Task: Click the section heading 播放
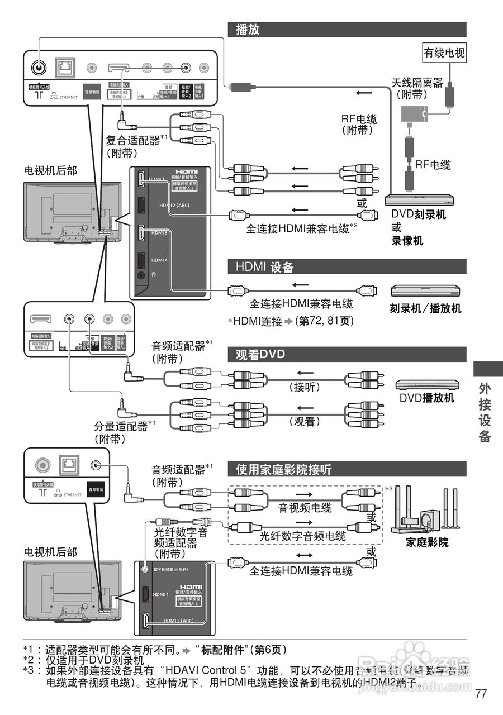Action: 248,30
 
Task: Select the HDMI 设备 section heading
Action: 264,267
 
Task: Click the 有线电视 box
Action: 444,53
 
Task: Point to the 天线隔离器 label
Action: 417,83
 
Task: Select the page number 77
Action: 481,694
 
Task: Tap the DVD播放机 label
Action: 426,398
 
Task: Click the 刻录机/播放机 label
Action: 425,308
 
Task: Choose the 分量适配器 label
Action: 120,426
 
